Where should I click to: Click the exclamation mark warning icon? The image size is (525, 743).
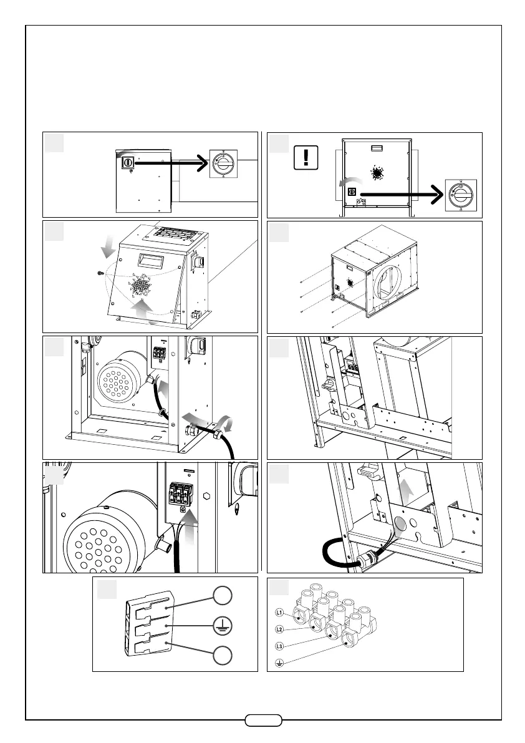point(305,157)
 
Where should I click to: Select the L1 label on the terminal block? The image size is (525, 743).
point(280,613)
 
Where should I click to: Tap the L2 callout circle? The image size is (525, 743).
point(280,629)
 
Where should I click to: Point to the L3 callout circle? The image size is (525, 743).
point(280,645)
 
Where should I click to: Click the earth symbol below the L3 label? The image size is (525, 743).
point(280,662)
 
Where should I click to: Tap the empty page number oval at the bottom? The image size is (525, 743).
point(264,720)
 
